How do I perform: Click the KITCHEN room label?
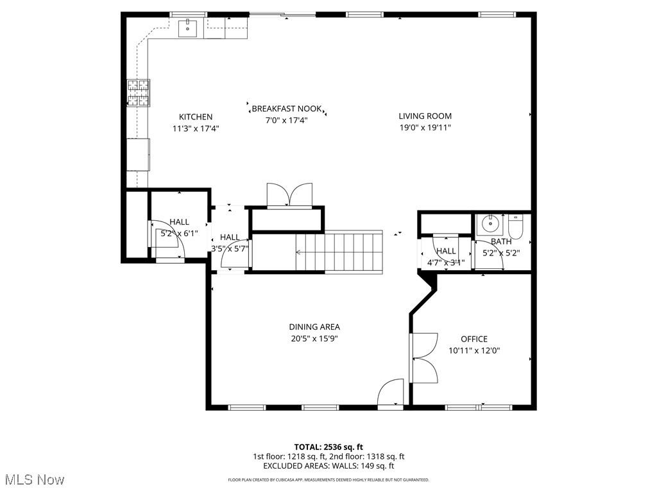(x=196, y=117)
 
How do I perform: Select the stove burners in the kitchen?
(x=139, y=92)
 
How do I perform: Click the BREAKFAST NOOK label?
(x=287, y=109)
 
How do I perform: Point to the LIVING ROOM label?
(x=425, y=116)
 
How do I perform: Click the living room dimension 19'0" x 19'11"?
(x=425, y=128)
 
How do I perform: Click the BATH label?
(x=501, y=241)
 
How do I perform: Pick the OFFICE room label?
(x=474, y=339)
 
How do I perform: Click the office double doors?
(x=423, y=358)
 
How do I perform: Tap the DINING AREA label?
(x=314, y=327)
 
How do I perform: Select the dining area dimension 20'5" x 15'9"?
(x=314, y=338)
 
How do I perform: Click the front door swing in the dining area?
(x=391, y=394)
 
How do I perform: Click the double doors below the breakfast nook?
(x=289, y=195)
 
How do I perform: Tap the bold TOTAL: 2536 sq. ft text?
(x=328, y=447)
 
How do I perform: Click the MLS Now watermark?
(x=34, y=480)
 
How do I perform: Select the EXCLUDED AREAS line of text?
(x=328, y=466)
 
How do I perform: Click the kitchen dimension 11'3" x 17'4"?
(x=196, y=128)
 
